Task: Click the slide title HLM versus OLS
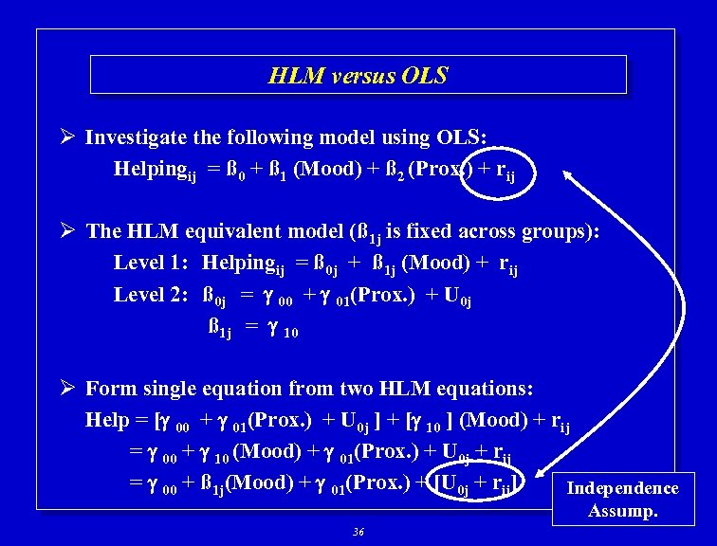click(358, 75)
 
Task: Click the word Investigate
click(138, 137)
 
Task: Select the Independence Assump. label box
click(622, 500)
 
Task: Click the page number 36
click(358, 533)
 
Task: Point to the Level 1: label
click(152, 263)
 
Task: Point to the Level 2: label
click(152, 295)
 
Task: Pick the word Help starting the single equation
click(106, 420)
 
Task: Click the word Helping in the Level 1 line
click(240, 263)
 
